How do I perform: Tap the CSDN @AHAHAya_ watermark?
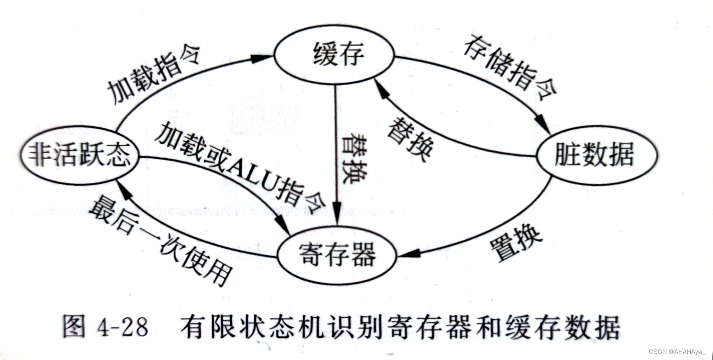[677, 352]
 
